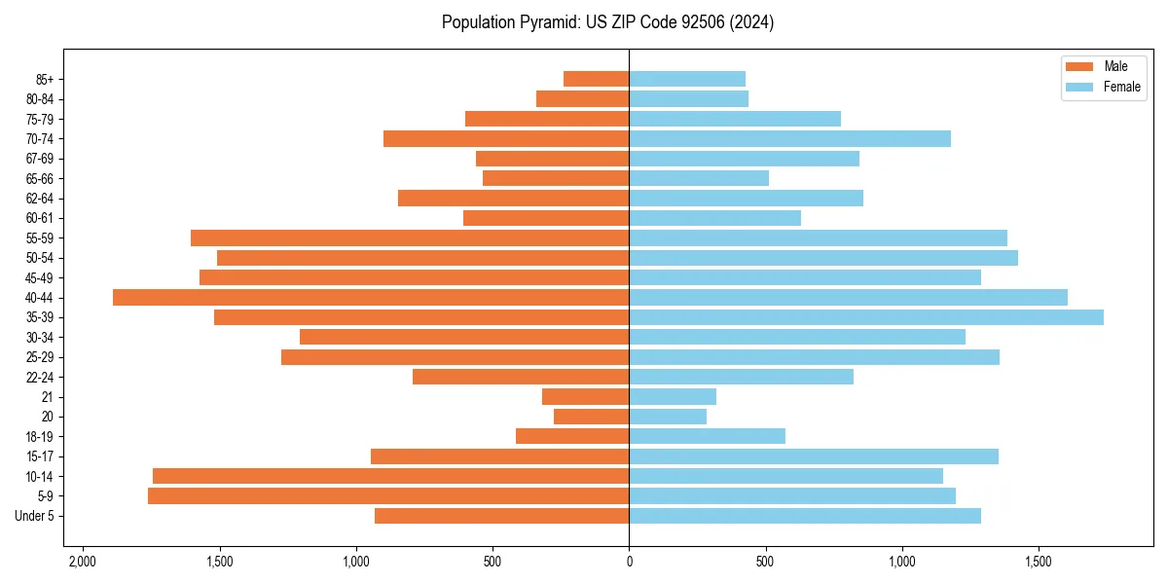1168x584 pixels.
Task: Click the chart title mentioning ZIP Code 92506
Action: [607, 22]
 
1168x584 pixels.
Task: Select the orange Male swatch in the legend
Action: [1079, 66]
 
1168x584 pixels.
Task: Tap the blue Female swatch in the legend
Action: [1079, 87]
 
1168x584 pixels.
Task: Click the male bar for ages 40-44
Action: [371, 297]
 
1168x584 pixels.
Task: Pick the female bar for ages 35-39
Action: [866, 317]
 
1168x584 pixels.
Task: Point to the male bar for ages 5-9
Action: [388, 495]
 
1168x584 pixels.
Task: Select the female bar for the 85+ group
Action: [687, 79]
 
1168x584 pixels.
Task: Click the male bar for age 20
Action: [592, 417]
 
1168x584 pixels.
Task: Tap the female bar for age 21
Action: [673, 396]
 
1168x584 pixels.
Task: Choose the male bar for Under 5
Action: [502, 516]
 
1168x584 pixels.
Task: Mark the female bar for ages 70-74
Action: [789, 138]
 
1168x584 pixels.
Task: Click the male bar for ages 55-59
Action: [410, 237]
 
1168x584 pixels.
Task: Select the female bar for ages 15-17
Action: [814, 456]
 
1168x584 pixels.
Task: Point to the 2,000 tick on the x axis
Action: [83, 562]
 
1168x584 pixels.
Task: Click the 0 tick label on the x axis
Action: [629, 562]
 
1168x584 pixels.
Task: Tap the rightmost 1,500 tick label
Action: [1039, 562]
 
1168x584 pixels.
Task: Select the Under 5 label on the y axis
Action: [34, 516]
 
